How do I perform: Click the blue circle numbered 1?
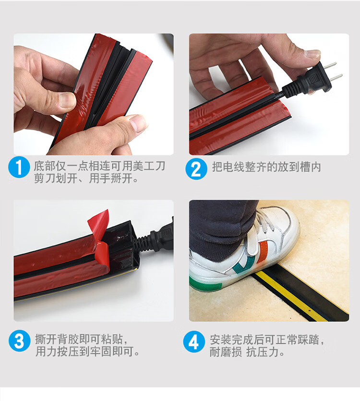[19, 168]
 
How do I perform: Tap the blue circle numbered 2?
[196, 169]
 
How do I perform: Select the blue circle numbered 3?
[19, 340]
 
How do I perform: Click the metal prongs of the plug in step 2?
[334, 71]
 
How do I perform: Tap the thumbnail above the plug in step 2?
[312, 54]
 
